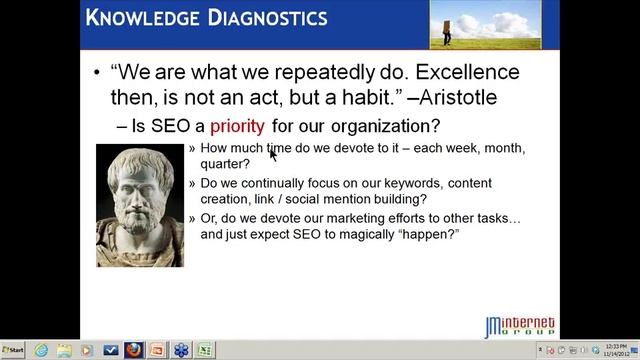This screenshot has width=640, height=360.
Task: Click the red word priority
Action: coord(237,126)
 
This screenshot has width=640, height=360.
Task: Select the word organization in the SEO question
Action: coord(382,126)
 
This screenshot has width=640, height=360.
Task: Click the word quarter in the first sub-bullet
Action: coord(225,164)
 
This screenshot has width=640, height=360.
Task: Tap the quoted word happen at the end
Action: coord(431,234)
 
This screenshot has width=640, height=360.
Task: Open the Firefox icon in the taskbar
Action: coord(133,350)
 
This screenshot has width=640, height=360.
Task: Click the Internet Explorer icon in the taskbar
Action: coord(41,350)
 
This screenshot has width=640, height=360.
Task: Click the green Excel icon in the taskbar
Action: coord(204,350)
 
